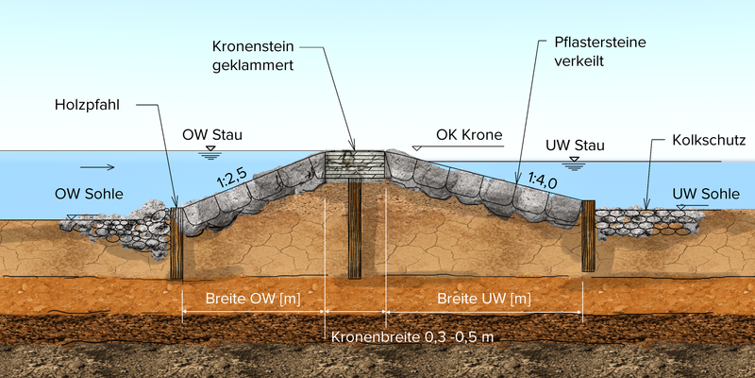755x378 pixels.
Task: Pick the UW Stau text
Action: click(x=575, y=146)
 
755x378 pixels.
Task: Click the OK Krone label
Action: click(x=469, y=135)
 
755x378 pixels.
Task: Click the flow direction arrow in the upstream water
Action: click(x=97, y=167)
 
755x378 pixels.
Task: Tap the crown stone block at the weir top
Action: click(x=354, y=165)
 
